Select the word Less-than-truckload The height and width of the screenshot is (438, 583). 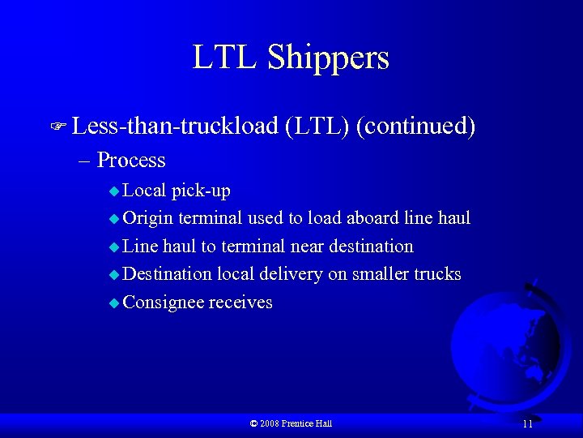coord(174,127)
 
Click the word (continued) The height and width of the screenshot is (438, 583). coord(415,127)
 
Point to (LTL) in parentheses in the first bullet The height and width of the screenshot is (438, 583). coord(317,127)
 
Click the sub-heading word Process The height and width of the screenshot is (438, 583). coord(130,160)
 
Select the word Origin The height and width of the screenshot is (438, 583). coord(149,218)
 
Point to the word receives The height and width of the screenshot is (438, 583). coord(240,303)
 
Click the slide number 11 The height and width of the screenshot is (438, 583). coord(527,424)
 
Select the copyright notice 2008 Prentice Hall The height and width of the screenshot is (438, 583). coord(291,423)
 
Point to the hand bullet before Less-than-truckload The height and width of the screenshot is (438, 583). coord(57,127)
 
